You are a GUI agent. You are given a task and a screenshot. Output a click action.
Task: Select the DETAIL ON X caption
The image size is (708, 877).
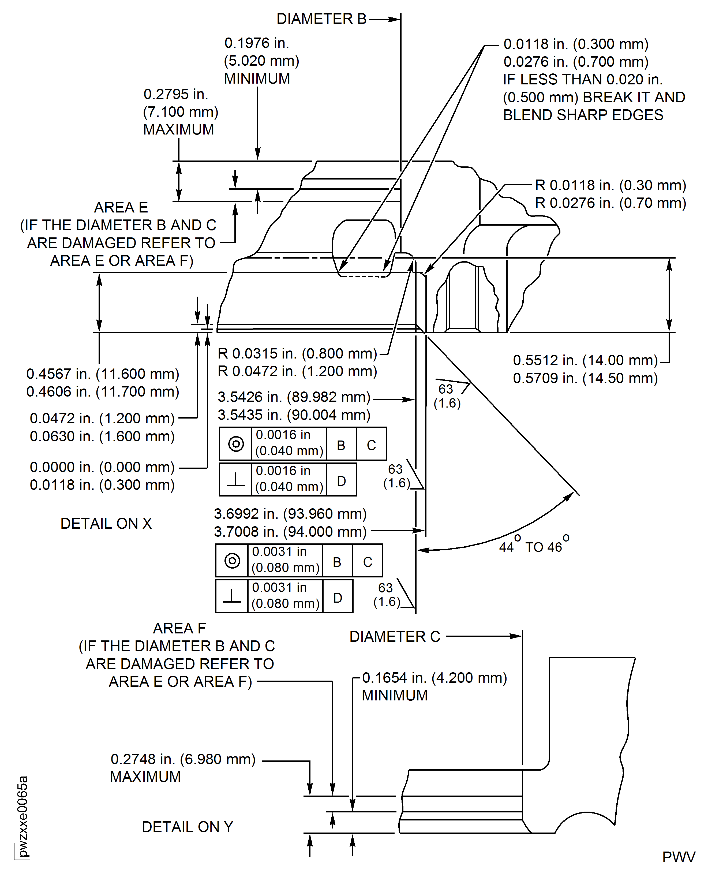[x=106, y=523]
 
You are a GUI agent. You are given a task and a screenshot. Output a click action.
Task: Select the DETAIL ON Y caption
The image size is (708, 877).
[x=187, y=827]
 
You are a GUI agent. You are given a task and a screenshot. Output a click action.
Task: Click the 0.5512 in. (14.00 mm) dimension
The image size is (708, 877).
[x=585, y=360]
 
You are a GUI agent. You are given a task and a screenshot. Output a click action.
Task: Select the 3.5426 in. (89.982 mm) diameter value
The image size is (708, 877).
[x=294, y=397]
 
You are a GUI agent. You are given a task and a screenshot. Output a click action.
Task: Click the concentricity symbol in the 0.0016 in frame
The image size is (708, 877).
[x=236, y=444]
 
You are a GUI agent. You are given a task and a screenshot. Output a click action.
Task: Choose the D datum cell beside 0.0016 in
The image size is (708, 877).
[x=341, y=481]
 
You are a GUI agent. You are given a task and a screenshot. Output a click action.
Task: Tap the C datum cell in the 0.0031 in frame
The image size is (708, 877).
[x=368, y=562]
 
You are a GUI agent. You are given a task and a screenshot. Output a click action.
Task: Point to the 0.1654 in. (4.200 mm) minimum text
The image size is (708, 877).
[x=434, y=678]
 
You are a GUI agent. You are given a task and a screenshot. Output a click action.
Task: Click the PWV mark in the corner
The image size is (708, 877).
[x=678, y=857]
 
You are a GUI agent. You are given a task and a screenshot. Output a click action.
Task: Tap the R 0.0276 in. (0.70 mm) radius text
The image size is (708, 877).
[x=610, y=203]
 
